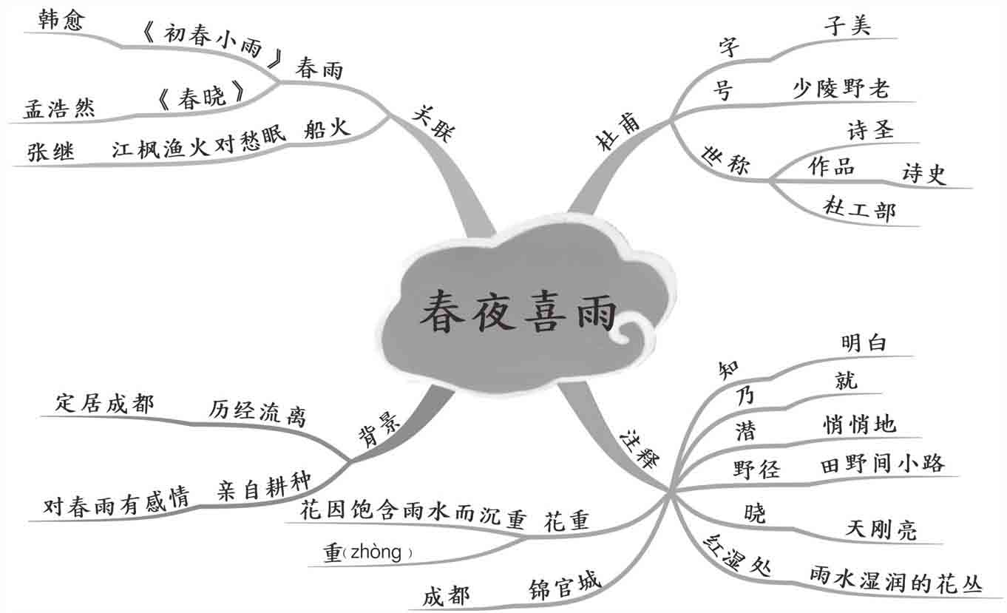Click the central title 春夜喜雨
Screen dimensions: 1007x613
[x=518, y=312]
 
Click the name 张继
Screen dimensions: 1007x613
[x=51, y=151]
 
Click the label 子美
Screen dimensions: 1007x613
[x=847, y=26]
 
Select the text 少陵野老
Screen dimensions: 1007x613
[x=841, y=89]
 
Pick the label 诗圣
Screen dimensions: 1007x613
[x=870, y=130]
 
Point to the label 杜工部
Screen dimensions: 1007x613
[x=859, y=210]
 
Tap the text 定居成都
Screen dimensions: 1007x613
[x=105, y=404]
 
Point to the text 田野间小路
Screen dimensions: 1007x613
[x=882, y=464]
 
